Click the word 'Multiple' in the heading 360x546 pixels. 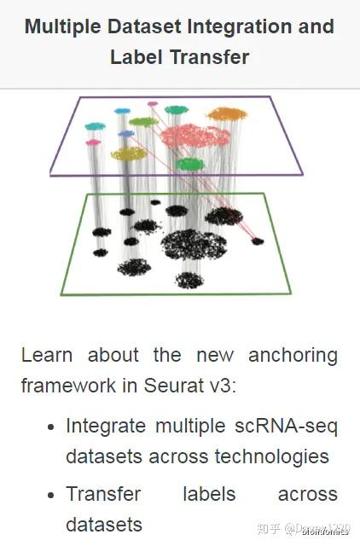(x=61, y=26)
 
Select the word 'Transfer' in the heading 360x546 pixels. (x=209, y=57)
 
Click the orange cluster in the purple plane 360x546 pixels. (x=227, y=113)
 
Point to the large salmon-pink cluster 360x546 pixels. (x=195, y=136)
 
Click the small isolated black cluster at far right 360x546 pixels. (x=258, y=241)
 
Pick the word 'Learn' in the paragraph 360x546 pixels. (x=48, y=354)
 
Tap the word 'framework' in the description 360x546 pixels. (x=69, y=386)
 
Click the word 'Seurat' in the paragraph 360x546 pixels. (x=171, y=386)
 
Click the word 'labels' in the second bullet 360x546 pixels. (x=211, y=494)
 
